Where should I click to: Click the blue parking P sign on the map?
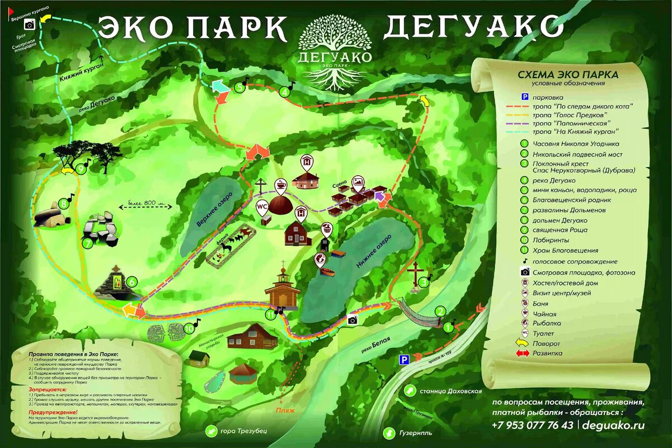point(402,359)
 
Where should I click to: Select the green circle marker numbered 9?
point(82,169)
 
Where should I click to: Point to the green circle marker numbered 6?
point(132,281)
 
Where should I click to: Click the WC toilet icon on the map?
point(261,206)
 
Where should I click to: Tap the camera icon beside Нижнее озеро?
point(352,320)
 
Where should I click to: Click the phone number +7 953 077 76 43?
point(532,425)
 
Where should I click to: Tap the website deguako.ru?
point(613,425)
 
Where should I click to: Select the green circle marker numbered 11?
point(271,315)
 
